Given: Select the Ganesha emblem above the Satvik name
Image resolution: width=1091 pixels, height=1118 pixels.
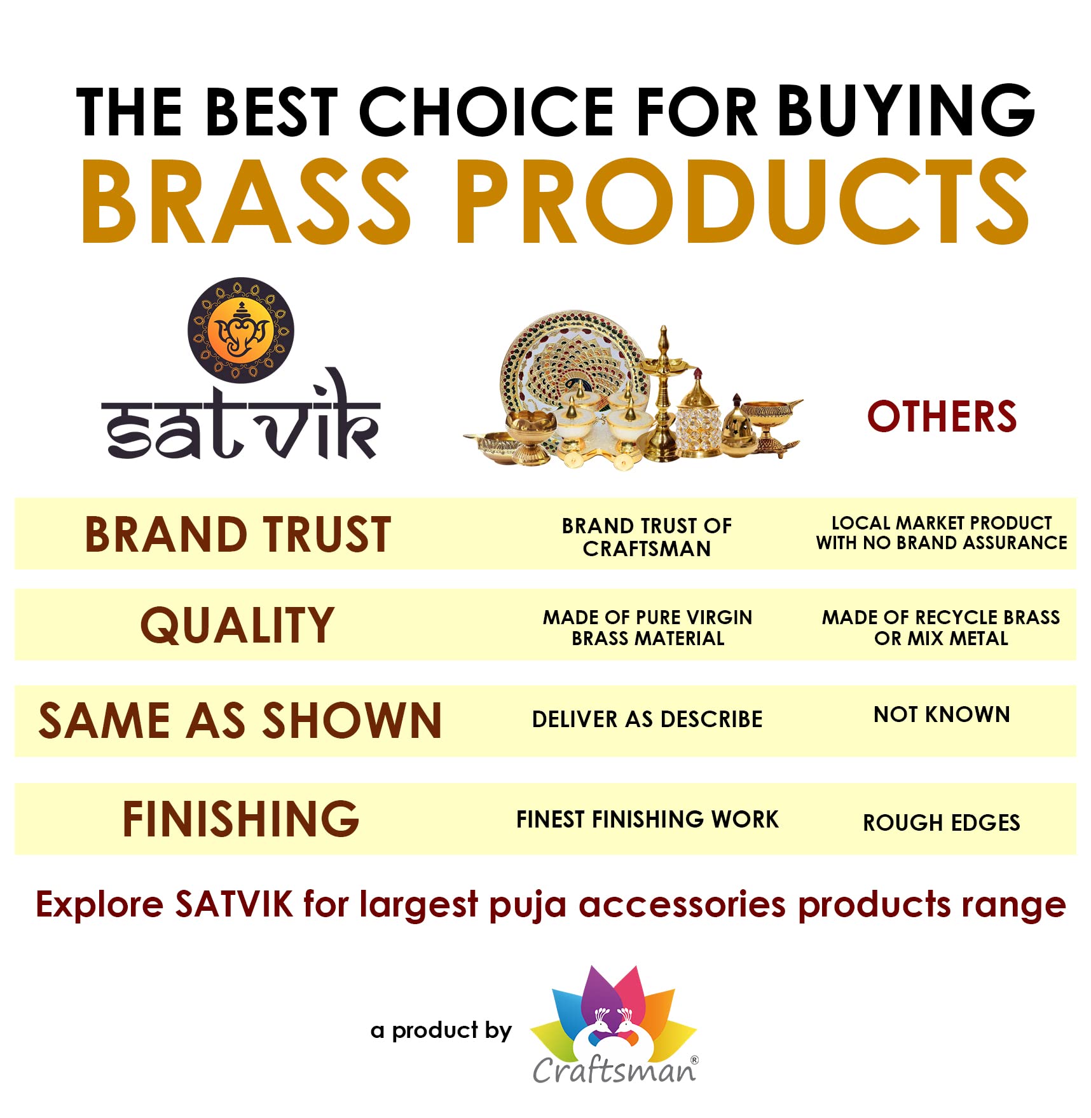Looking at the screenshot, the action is point(240,330).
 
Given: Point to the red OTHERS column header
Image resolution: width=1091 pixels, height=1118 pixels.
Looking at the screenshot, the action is point(942,417).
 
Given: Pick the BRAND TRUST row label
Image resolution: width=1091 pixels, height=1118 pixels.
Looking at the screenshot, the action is point(238,534).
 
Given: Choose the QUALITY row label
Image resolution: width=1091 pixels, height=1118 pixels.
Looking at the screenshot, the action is point(237,625).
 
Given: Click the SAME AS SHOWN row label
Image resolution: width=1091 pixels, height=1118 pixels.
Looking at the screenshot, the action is point(240,721).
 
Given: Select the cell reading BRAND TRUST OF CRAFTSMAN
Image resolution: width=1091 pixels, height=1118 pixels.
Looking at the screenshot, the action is point(647,537).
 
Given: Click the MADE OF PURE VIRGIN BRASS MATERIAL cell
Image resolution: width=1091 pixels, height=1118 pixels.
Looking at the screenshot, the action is point(647,627).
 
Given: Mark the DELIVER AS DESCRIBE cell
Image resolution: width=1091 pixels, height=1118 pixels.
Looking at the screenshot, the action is point(647,719).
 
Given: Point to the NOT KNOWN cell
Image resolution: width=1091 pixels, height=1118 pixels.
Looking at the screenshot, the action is point(942,714).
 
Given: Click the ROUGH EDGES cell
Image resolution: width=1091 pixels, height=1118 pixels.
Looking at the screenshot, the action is point(942,822).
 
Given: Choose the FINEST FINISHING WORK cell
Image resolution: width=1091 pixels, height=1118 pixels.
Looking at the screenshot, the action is point(647,819).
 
